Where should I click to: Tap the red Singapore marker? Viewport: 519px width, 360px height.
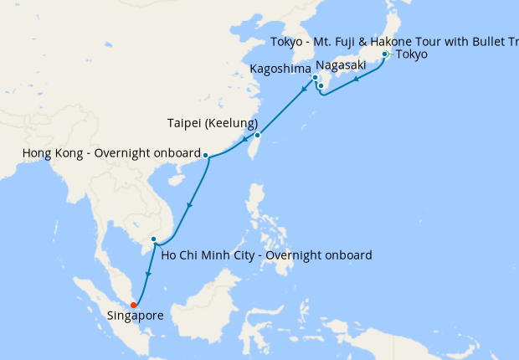point(134,304)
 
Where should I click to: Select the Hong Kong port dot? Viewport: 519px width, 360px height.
point(206,155)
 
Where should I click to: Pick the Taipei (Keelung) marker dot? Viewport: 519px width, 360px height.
point(258,135)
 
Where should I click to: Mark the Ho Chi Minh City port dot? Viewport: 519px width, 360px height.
point(153,240)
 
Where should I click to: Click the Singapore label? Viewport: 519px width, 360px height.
point(136,316)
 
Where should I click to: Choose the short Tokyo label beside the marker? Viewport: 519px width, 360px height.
point(411,54)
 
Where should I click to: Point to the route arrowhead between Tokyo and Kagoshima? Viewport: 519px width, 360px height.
point(357,80)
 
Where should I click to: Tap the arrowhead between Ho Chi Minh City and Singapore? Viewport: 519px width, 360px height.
point(148,275)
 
